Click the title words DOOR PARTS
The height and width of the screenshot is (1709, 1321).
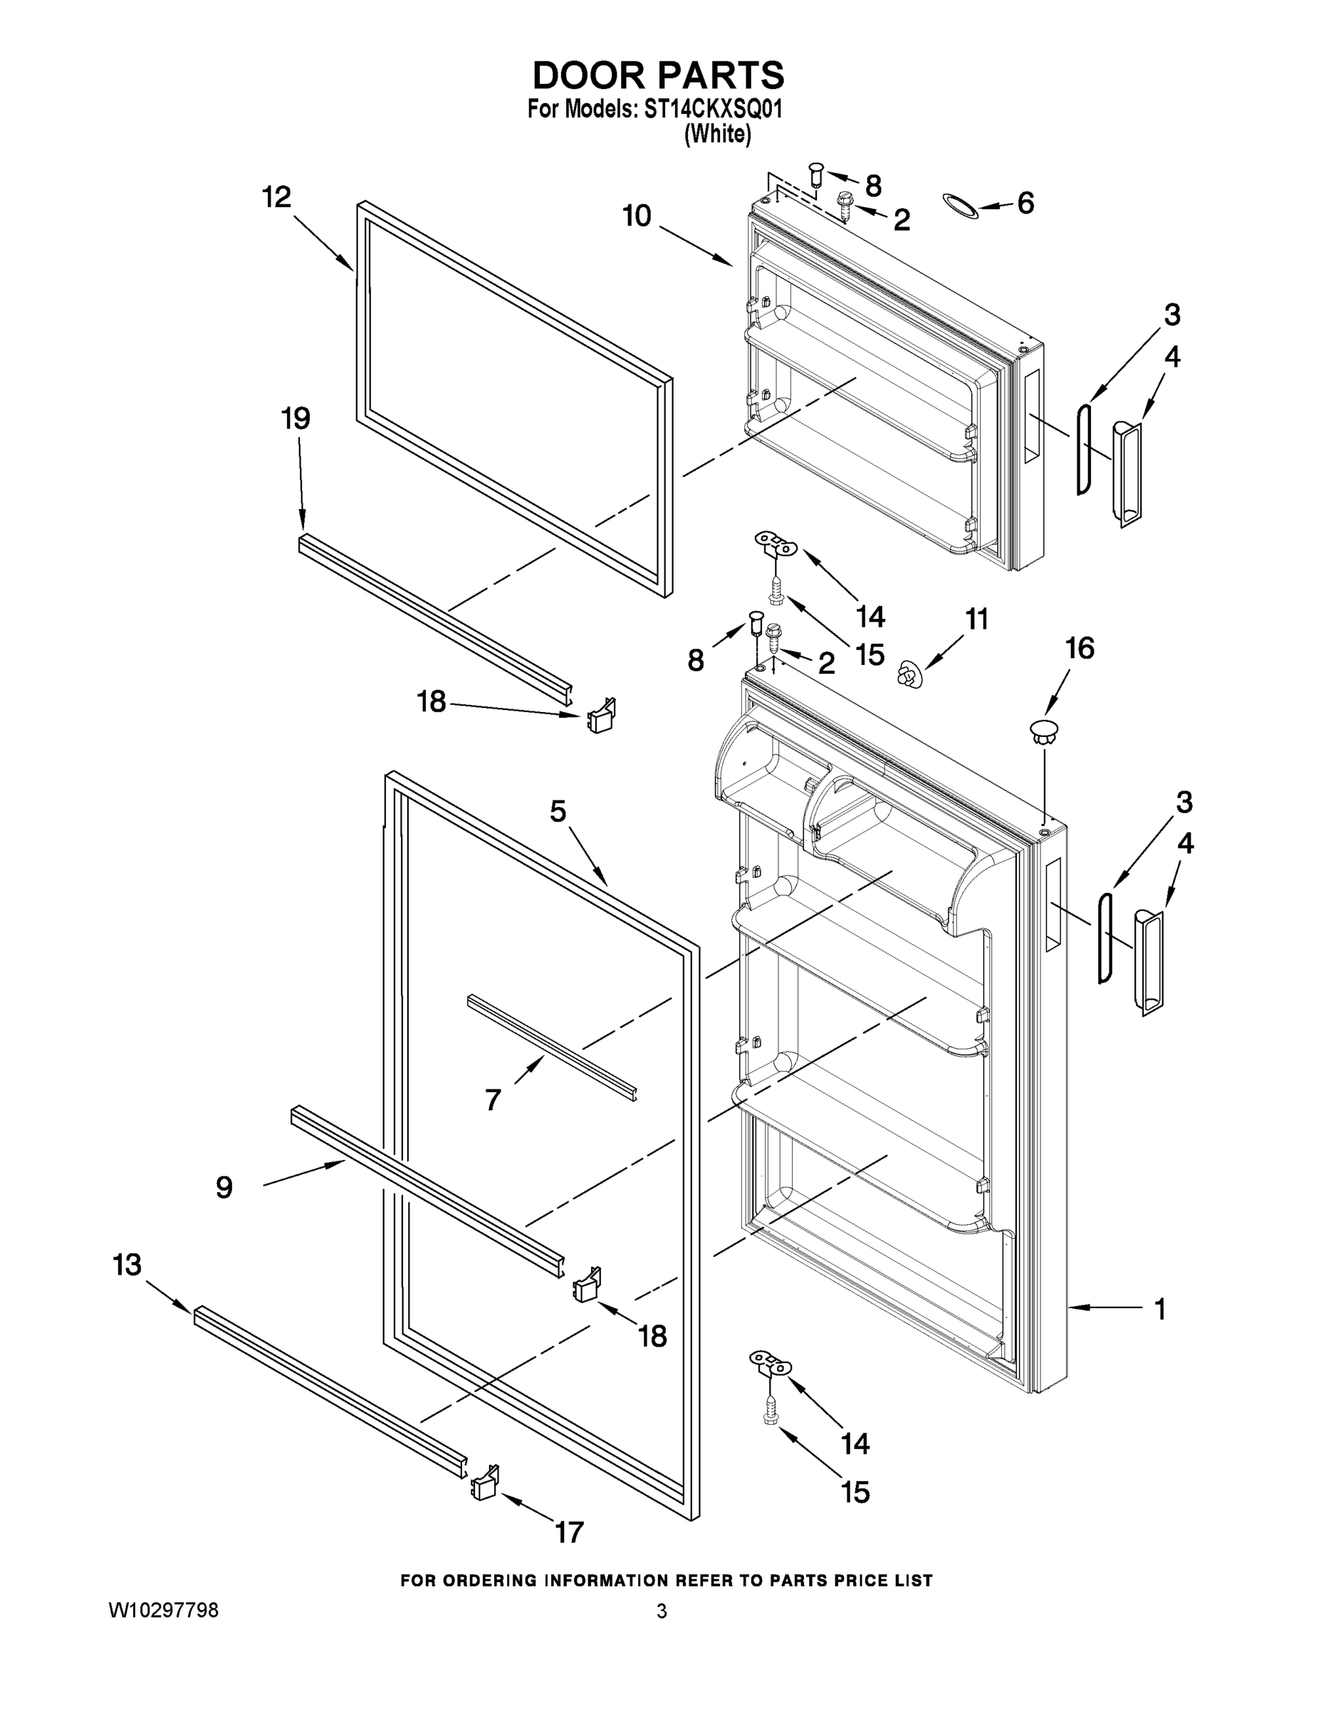658,76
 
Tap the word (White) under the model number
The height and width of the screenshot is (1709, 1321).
717,135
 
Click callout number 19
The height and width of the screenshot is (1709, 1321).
296,419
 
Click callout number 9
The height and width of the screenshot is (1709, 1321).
224,1188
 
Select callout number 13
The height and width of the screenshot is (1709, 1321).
127,1265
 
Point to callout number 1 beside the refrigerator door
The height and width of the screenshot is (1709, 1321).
1160,1308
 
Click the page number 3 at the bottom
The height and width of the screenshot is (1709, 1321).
662,1611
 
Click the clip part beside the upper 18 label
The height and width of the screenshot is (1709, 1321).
600,715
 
